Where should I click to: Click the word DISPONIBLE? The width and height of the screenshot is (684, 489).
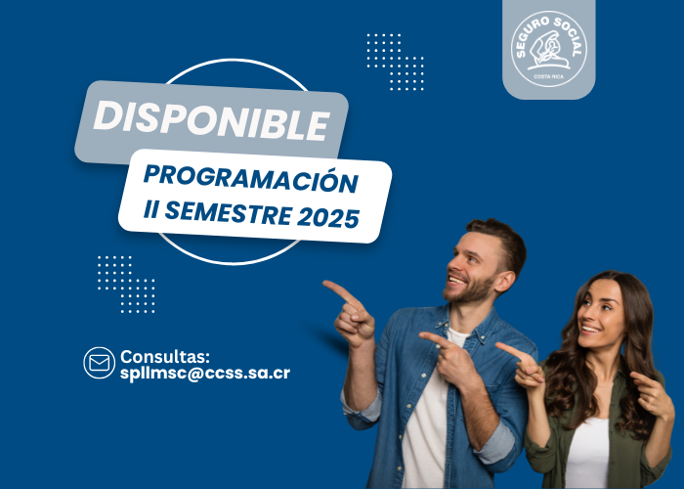pyautogui.click(x=212, y=120)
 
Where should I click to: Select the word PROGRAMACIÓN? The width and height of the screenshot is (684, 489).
pyautogui.click(x=251, y=179)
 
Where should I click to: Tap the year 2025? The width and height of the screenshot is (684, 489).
pyautogui.click(x=328, y=217)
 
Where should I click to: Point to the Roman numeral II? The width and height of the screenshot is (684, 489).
pyautogui.click(x=150, y=209)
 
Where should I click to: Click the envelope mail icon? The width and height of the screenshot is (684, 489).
pyautogui.click(x=100, y=363)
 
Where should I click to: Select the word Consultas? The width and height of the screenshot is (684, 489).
pyautogui.click(x=165, y=357)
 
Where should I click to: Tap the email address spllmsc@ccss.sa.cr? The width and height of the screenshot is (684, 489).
pyautogui.click(x=205, y=374)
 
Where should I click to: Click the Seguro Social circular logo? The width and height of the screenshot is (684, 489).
pyautogui.click(x=549, y=49)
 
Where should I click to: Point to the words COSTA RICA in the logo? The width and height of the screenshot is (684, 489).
pyautogui.click(x=549, y=77)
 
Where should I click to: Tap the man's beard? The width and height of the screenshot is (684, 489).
pyautogui.click(x=469, y=291)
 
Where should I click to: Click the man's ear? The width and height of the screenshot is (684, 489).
pyautogui.click(x=506, y=282)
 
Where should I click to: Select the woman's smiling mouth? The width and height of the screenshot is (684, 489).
pyautogui.click(x=589, y=329)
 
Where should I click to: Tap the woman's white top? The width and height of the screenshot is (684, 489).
pyautogui.click(x=586, y=454)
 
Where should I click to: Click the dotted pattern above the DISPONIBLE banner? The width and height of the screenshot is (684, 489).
pyautogui.click(x=395, y=62)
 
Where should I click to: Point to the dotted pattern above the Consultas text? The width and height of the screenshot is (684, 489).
pyautogui.click(x=126, y=285)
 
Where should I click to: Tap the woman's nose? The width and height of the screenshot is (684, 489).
pyautogui.click(x=581, y=318)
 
